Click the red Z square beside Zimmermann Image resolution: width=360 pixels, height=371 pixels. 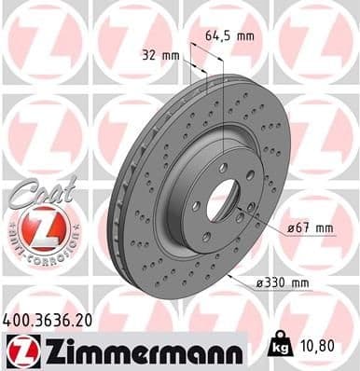20,350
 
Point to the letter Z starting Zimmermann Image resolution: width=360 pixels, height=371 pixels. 45,350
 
